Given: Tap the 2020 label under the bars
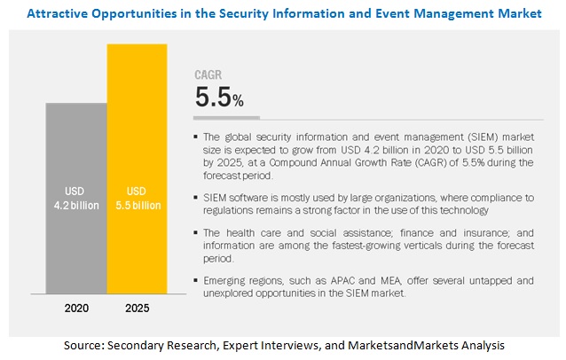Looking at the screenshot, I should (x=75, y=309).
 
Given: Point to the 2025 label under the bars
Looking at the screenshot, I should (x=137, y=309).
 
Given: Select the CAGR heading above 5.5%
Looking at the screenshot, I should (x=208, y=76).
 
